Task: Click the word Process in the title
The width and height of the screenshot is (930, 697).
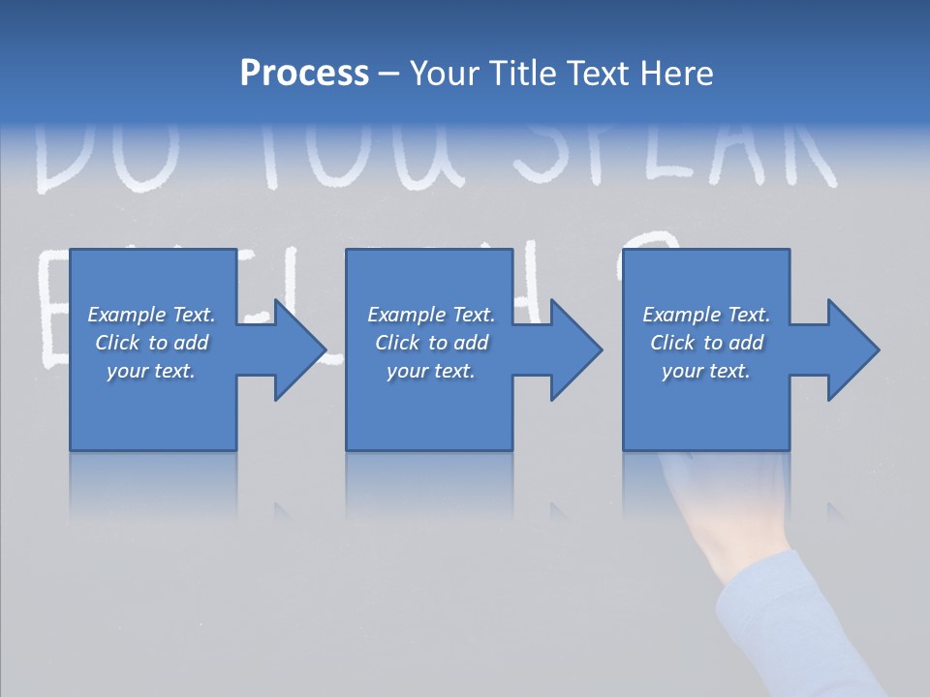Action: pos(304,74)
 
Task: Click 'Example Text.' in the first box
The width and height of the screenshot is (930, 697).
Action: pos(151,315)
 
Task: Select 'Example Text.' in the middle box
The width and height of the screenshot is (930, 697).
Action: pos(430,315)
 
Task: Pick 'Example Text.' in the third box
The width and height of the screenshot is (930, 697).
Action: pos(705,315)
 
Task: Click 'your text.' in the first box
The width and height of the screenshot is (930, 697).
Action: pos(151,371)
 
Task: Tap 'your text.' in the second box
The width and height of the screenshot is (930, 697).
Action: pos(430,371)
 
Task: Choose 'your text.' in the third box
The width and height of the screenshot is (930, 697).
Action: pos(705,371)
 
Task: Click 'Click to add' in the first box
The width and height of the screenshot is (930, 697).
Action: pos(151,343)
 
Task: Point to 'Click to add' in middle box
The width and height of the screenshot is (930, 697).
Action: pos(430,343)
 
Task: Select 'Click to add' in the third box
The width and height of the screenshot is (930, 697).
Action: pos(705,343)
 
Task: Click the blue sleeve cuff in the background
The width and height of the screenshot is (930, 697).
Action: pos(775,620)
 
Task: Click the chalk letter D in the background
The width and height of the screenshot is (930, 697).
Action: pos(63,160)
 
